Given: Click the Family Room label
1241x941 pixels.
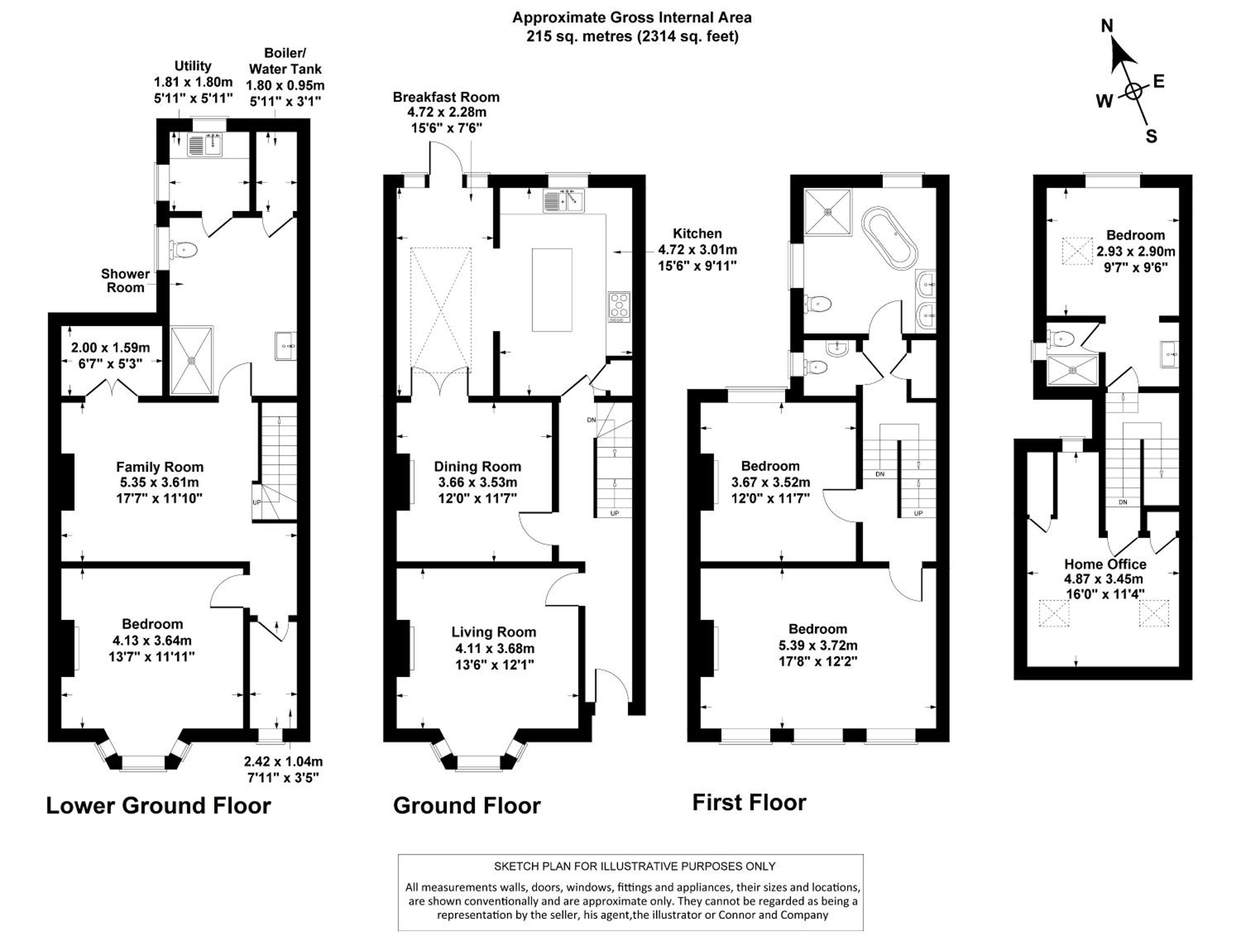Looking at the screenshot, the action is point(160,467).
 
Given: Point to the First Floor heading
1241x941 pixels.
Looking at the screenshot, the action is point(749,802).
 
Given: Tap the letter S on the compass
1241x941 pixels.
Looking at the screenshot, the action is point(1151,137).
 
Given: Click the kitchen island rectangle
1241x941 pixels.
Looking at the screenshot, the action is point(552,290).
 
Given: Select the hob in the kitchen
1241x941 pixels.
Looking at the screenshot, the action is point(619,307).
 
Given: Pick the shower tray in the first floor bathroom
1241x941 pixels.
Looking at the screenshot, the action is point(827,211).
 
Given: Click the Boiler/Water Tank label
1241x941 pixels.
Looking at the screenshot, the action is point(285,61).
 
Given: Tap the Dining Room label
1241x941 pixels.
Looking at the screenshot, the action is point(477,466).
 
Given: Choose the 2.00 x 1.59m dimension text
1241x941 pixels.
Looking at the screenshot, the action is point(110,348).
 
